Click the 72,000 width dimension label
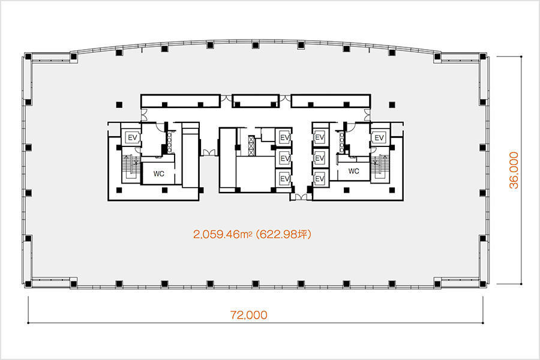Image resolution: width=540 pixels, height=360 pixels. [248, 315]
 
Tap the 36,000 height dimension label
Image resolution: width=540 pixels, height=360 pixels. [514, 170]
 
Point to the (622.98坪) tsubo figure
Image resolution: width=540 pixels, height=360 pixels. [284, 234]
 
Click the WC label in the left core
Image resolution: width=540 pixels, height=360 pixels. [159, 173]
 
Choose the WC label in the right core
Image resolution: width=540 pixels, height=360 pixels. [353, 171]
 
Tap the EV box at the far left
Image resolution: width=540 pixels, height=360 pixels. [133, 138]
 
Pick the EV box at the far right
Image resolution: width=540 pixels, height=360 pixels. [379, 138]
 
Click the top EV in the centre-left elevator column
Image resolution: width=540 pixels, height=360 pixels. [284, 137]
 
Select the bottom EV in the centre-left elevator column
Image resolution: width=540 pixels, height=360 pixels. [284, 178]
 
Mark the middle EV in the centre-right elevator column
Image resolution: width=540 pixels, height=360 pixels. [320, 158]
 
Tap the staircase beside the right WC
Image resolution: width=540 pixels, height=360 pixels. [380, 167]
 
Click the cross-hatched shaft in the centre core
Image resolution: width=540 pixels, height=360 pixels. [251, 145]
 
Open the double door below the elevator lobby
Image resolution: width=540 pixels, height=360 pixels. [301, 197]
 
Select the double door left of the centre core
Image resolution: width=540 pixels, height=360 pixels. [209, 152]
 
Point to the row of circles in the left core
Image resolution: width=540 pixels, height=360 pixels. [169, 142]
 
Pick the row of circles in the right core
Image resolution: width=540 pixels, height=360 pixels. [341, 142]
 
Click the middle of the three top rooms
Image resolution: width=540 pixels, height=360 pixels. [256, 101]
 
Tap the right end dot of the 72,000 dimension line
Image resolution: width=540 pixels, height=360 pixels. [483, 323]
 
